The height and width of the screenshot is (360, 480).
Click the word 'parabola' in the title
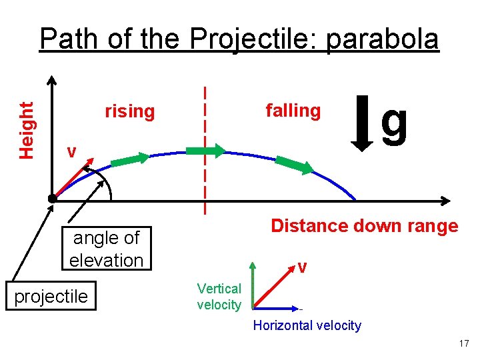[382, 39]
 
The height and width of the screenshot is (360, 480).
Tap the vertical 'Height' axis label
[27, 130]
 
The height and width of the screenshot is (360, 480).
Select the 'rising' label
[129, 111]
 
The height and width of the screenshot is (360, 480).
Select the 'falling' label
[293, 110]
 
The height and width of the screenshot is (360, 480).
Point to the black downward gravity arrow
[363, 124]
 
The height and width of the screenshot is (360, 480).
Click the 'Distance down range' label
[364, 226]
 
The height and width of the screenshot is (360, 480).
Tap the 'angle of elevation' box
[106, 248]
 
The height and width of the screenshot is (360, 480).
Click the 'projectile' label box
[51, 296]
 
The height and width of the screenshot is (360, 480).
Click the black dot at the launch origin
[52, 198]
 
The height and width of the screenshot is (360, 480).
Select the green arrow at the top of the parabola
[206, 151]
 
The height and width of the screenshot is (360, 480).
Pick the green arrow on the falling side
[293, 165]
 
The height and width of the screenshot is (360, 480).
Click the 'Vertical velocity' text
[219, 297]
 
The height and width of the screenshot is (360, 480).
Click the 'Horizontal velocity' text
[307, 325]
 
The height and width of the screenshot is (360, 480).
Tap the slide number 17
[464, 343]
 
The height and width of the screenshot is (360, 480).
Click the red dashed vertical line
[205, 187]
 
